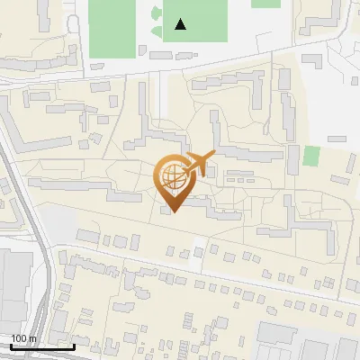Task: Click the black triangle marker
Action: [x=181, y=24]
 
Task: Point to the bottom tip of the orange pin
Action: [x=174, y=211]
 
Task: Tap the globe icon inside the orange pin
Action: [x=174, y=175]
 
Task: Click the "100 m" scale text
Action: [x=24, y=339]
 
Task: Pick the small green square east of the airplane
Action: [x=311, y=156]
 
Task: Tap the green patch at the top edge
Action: [x=265, y=4]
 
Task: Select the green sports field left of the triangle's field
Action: [x=112, y=27]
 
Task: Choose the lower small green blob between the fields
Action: [x=157, y=32]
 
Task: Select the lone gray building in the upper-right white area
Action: [x=337, y=139]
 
